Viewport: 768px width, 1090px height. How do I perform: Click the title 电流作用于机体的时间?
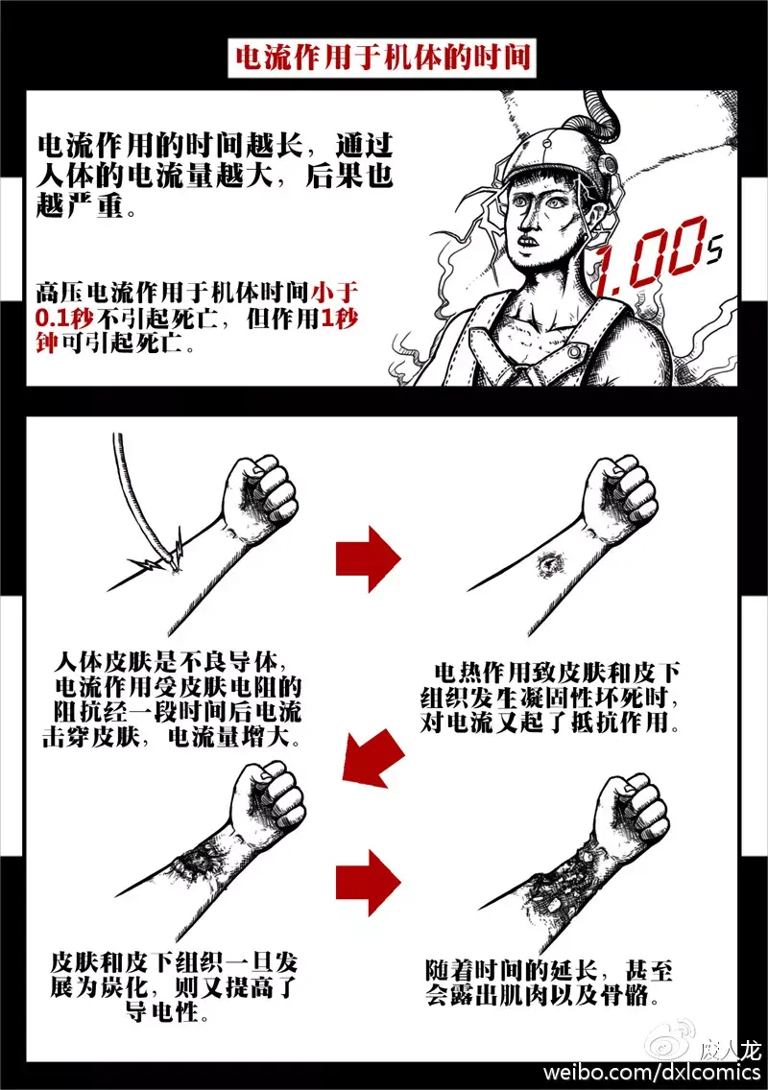click(382, 57)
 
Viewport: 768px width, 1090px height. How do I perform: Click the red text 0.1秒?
click(64, 318)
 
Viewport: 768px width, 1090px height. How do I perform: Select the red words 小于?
click(335, 292)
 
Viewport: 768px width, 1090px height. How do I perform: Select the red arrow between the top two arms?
click(368, 558)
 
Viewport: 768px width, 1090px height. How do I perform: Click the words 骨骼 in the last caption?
click(625, 995)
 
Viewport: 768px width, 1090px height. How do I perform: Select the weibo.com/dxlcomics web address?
click(651, 1071)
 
